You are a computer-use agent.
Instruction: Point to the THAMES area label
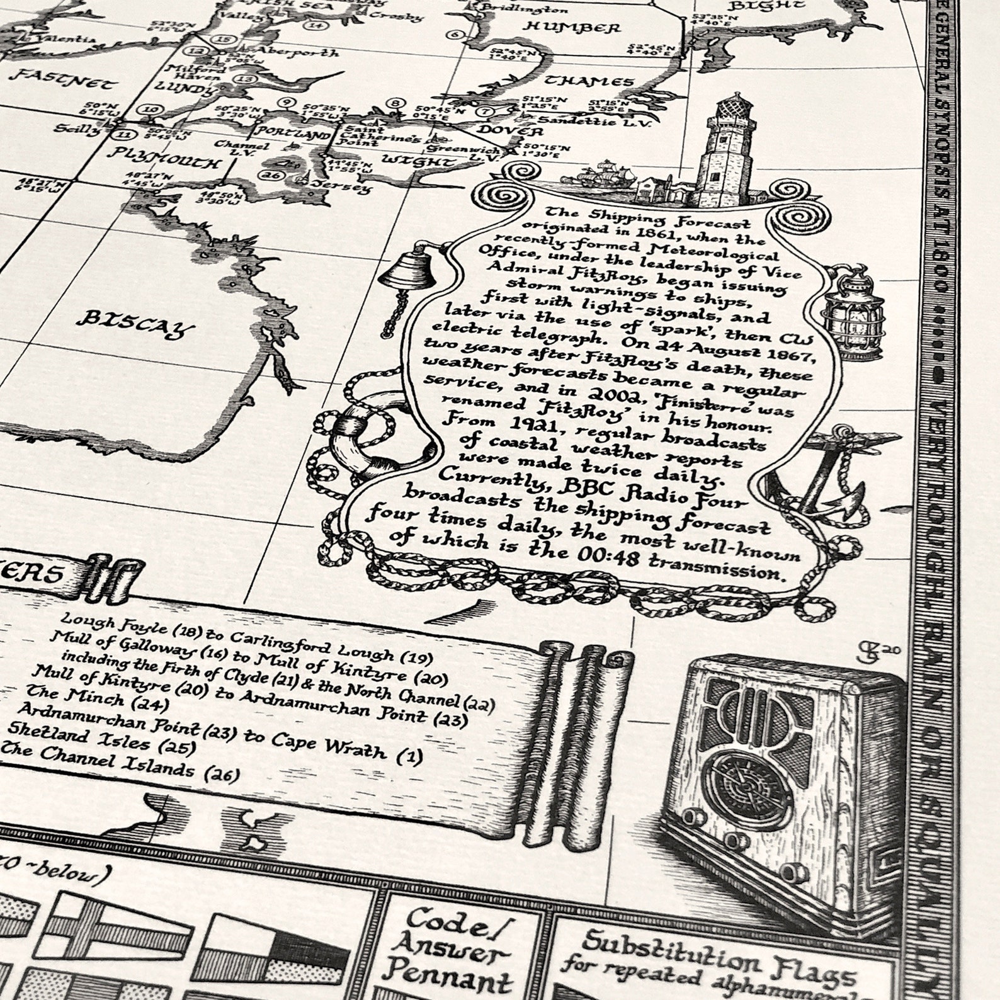click(x=589, y=81)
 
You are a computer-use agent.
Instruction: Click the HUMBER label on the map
click(x=572, y=27)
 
